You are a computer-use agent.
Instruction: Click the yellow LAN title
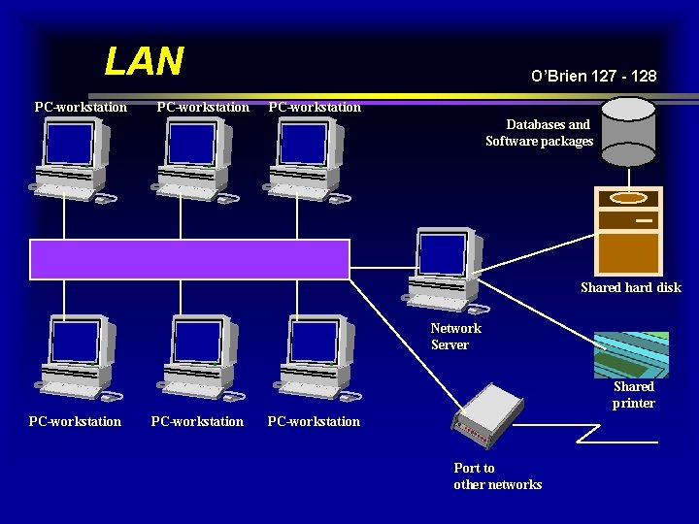144,61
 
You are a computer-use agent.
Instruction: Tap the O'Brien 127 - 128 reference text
593,76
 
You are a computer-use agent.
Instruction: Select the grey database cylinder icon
628,132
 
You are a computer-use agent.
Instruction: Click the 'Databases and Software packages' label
540,133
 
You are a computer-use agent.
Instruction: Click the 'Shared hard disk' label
630,287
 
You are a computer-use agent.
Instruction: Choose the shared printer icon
632,354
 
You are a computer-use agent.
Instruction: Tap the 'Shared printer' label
633,395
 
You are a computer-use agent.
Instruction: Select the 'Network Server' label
455,337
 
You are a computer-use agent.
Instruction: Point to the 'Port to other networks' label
497,476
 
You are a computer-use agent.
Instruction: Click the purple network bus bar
189,259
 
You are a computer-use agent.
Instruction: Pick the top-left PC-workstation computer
73,161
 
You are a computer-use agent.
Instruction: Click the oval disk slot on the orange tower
628,198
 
